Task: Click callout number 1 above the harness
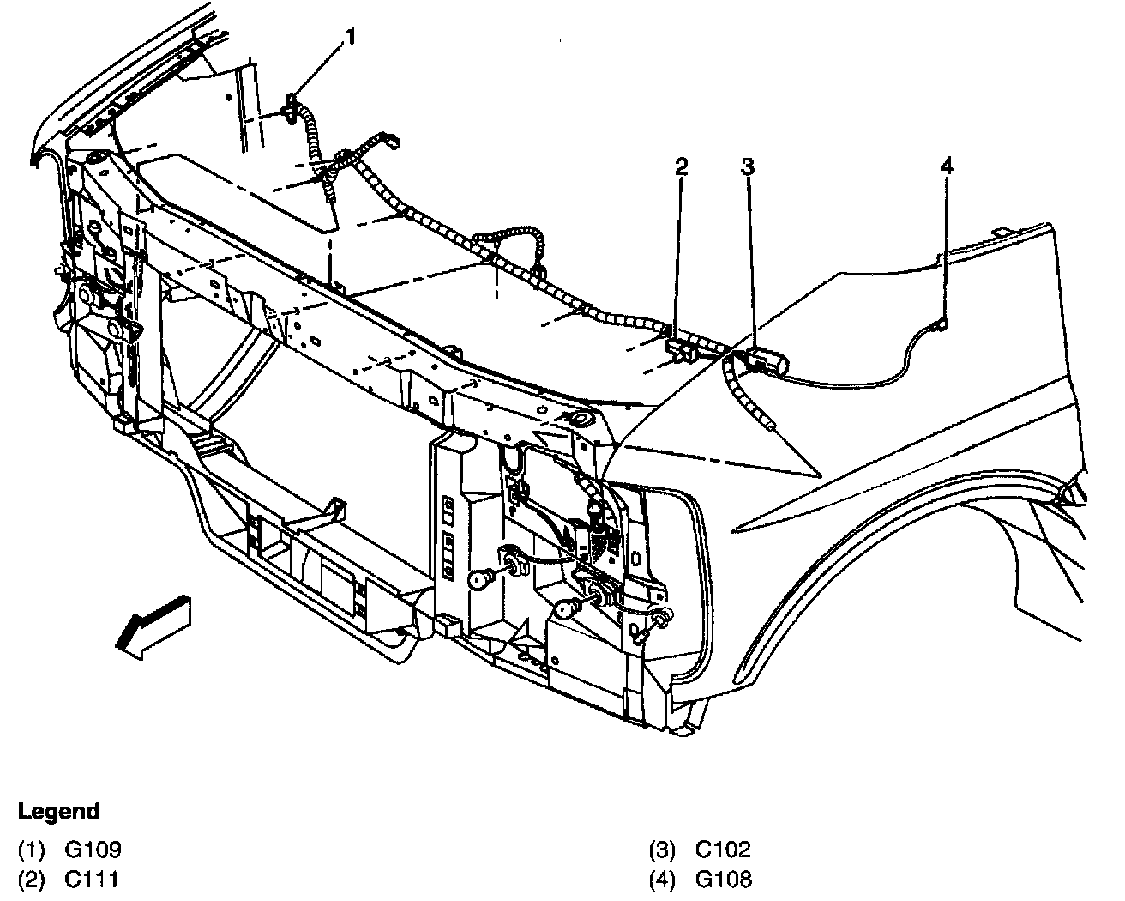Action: click(350, 37)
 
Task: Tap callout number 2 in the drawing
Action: click(681, 166)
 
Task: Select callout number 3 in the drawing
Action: click(748, 166)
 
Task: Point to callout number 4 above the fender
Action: click(946, 166)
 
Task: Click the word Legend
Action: click(59, 811)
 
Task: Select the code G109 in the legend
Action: click(93, 850)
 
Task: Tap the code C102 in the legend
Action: click(723, 850)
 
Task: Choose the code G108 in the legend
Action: click(724, 879)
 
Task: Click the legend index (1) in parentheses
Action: click(32, 850)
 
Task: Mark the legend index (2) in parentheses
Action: click(32, 879)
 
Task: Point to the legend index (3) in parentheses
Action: click(662, 850)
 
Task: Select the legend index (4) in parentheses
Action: click(662, 879)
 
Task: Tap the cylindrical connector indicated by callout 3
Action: click(768, 362)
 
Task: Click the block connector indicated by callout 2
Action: click(682, 349)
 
